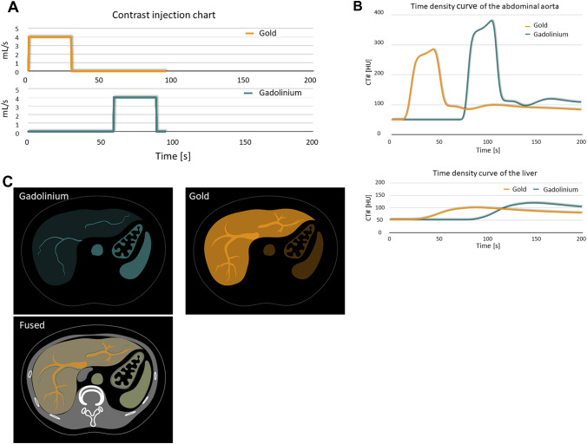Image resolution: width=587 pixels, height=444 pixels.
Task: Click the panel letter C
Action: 8,182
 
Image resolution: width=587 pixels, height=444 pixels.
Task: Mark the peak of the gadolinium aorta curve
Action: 492,21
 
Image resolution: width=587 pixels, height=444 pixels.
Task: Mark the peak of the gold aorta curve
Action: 432,49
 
